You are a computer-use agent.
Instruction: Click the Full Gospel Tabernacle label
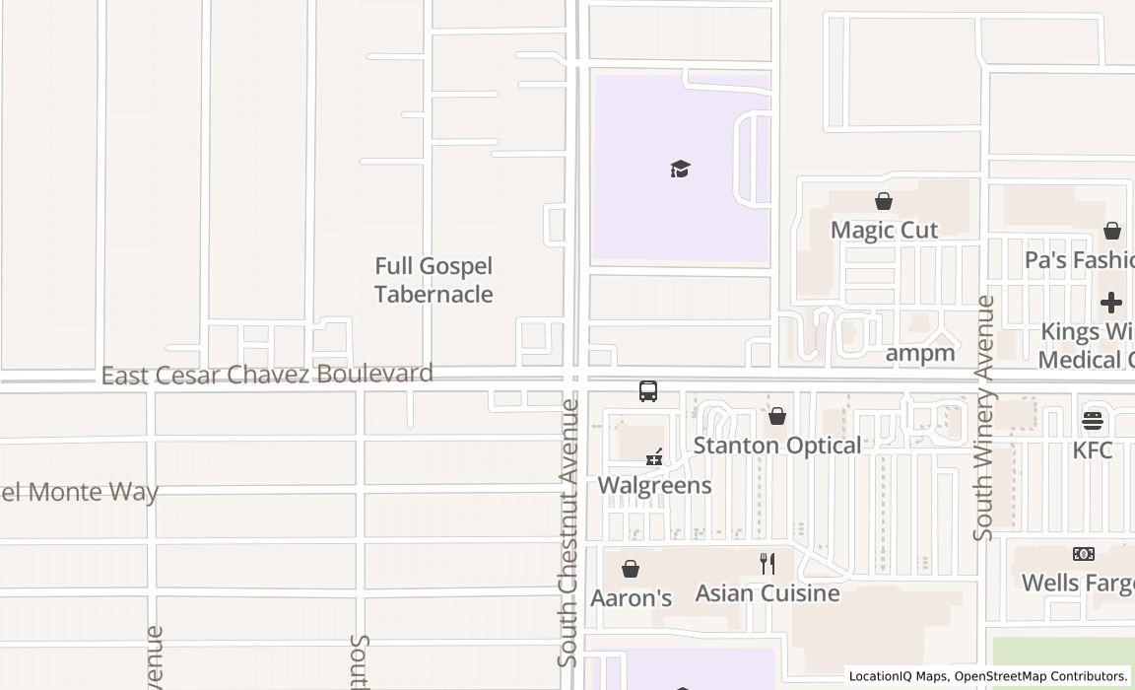tap(434, 280)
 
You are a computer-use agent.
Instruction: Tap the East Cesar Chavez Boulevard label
tap(267, 375)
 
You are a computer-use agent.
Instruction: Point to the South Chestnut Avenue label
tap(568, 531)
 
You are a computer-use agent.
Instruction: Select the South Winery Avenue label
tap(983, 417)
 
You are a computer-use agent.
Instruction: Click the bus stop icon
tap(648, 391)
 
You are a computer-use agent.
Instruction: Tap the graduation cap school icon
tap(680, 169)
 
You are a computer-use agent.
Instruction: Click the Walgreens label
tap(654, 485)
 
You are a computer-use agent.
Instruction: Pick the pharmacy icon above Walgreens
tap(654, 456)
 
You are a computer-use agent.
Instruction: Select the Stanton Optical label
tap(777, 445)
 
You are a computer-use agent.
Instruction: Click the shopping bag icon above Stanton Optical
tap(777, 416)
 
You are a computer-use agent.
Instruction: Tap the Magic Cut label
tap(884, 230)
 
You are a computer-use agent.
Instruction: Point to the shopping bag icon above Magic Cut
tap(884, 201)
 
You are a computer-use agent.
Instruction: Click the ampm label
tap(920, 353)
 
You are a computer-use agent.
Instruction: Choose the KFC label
tap(1093, 450)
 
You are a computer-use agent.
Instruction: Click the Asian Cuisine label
tap(768, 592)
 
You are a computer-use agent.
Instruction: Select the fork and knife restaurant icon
tap(768, 564)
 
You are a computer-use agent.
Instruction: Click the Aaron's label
tap(631, 597)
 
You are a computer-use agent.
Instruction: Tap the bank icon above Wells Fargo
tap(1084, 554)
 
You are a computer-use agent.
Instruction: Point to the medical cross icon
tap(1111, 302)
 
